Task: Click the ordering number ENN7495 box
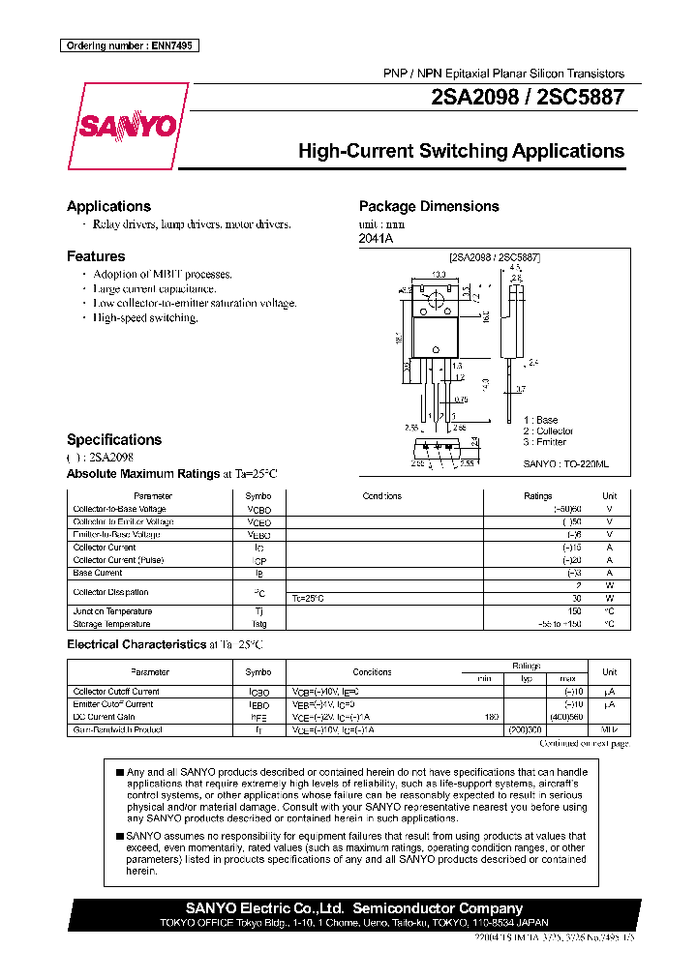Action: (x=129, y=45)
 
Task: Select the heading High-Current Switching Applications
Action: (x=461, y=151)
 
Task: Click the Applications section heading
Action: (x=108, y=206)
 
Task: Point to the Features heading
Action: (x=96, y=256)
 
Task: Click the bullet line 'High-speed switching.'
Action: (x=145, y=317)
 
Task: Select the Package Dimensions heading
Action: (x=429, y=206)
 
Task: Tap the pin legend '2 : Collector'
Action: (x=548, y=430)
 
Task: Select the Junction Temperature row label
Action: (x=112, y=611)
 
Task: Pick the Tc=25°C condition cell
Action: (x=308, y=599)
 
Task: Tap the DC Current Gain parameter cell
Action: (x=104, y=717)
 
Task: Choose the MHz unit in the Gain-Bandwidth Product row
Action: (x=609, y=730)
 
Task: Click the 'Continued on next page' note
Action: (x=584, y=743)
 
